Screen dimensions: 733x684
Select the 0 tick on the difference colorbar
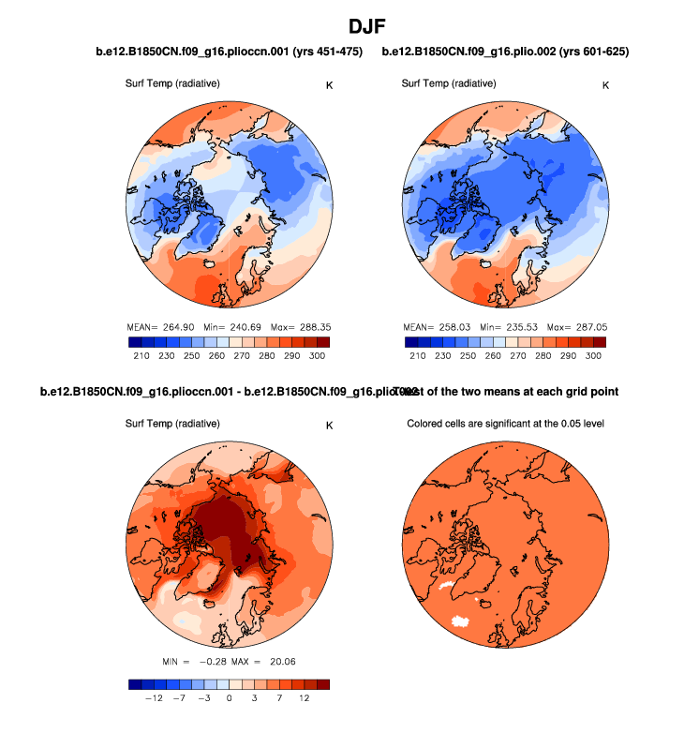[229, 698]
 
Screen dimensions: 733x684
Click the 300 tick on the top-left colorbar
[317, 357]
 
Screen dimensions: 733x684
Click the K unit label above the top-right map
[605, 85]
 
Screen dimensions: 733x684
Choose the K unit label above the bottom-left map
[329, 426]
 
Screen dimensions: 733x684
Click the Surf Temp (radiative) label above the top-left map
[172, 83]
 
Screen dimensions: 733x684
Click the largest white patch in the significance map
[459, 620]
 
